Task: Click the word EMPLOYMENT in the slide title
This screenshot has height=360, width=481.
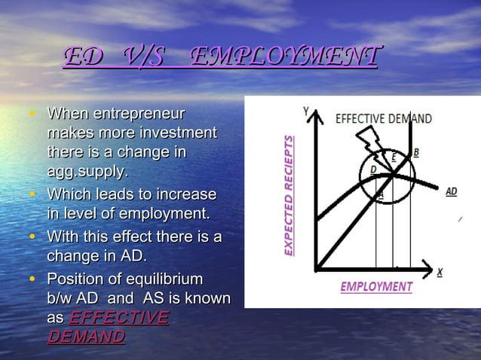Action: [283, 56]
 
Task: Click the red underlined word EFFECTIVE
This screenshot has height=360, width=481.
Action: [118, 317]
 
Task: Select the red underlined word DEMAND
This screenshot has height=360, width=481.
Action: [85, 336]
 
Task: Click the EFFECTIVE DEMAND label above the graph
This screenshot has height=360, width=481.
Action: [383, 118]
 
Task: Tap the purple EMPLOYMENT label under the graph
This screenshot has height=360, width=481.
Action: [376, 287]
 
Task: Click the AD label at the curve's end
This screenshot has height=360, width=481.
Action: [450, 192]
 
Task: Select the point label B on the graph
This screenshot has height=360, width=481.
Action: [416, 152]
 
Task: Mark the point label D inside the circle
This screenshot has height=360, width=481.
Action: [372, 170]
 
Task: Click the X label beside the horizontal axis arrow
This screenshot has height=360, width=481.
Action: [440, 271]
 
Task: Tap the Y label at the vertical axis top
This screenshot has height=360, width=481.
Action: [306, 111]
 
